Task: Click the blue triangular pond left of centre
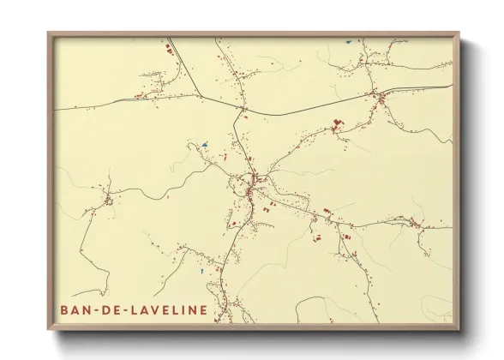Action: tap(204, 145)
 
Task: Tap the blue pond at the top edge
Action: tap(349, 40)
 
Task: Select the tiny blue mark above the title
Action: tap(200, 273)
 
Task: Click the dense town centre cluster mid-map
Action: tap(249, 183)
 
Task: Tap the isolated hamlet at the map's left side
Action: tap(109, 201)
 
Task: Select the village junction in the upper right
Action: tap(374, 93)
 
